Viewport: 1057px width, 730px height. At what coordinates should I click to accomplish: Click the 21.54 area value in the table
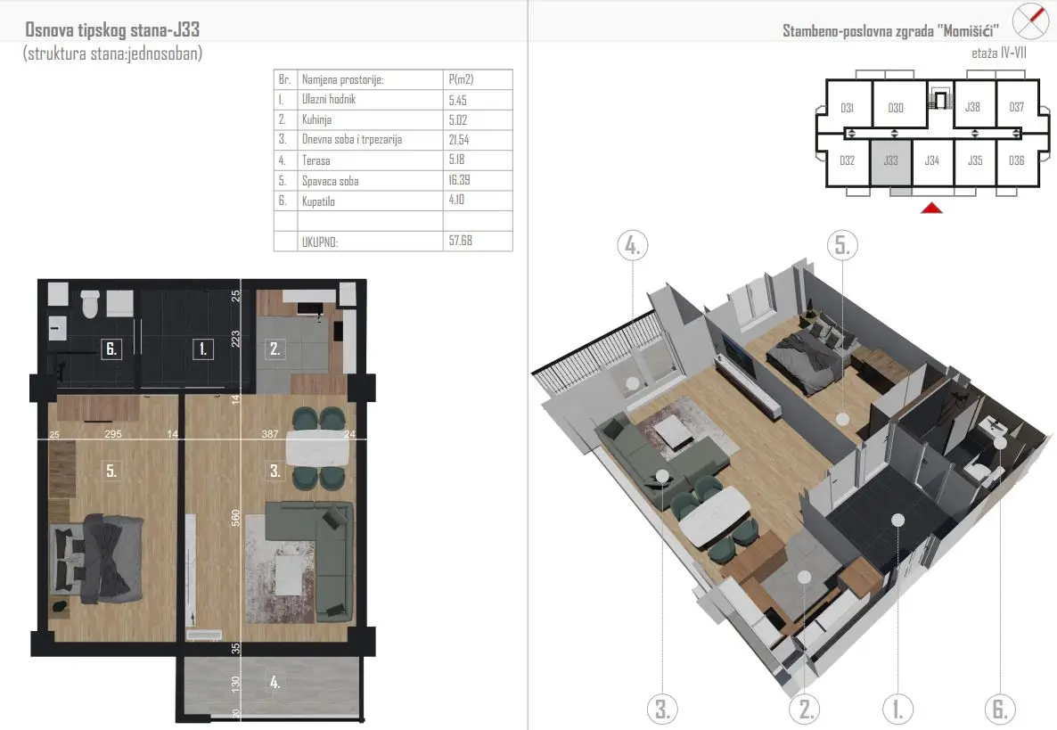coord(458,140)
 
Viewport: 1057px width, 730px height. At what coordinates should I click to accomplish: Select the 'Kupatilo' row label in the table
coord(318,201)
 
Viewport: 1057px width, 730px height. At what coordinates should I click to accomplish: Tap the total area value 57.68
coord(461,241)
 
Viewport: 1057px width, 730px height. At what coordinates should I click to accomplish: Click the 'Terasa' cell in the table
coord(316,160)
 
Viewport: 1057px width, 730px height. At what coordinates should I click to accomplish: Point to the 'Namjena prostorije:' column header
coord(342,79)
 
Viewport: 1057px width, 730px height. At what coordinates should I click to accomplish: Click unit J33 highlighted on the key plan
coord(891,161)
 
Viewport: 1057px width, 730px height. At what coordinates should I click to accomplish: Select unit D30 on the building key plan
coord(895,108)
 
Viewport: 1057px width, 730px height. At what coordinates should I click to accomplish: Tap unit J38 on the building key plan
coord(972,107)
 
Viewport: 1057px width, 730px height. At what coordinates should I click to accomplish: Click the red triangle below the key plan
coord(931,208)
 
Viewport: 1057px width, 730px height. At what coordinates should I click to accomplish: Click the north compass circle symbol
coord(1031,21)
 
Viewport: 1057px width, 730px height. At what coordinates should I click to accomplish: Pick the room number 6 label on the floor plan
coord(111,349)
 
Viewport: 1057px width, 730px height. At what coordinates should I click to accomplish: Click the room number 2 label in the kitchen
coord(274,349)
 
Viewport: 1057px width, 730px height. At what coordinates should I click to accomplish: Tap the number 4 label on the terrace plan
coord(275,682)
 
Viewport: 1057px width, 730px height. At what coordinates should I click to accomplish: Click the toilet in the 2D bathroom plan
coord(90,303)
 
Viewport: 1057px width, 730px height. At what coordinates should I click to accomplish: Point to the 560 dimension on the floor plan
coord(235,518)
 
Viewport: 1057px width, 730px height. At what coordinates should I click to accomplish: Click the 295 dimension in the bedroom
coord(113,434)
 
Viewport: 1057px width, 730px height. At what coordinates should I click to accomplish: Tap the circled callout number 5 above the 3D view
coord(842,245)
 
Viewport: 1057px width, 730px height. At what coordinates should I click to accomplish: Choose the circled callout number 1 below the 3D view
coord(897,709)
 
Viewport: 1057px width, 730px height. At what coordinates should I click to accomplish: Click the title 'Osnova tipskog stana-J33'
coord(112,29)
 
